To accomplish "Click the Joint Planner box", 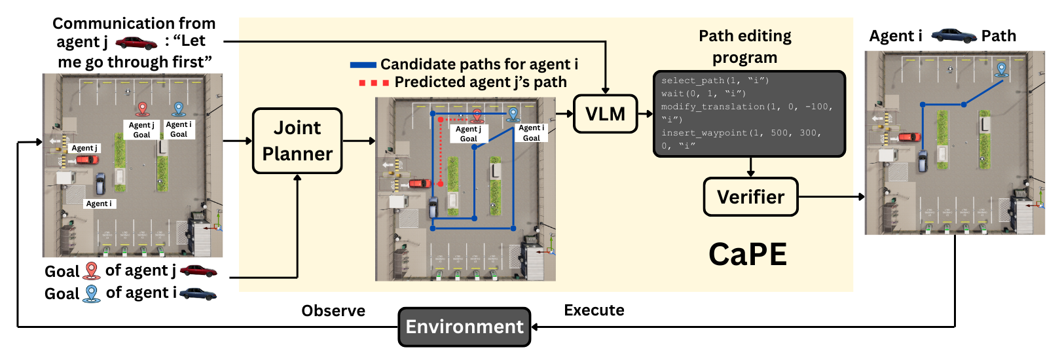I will (297, 141).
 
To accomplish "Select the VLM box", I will (605, 114).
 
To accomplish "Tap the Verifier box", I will (750, 196).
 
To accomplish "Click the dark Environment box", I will (464, 327).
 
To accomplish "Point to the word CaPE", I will (747, 254).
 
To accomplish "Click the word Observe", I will (333, 311).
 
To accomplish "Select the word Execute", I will (594, 310).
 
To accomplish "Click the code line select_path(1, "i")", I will (715, 81).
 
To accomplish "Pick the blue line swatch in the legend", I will (363, 65).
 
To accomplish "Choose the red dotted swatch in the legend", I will (374, 83).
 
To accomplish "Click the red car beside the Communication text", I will (136, 43).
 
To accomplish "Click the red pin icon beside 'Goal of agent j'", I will (92, 270).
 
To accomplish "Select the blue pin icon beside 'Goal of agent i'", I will (92, 293).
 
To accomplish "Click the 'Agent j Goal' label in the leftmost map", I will (141, 130).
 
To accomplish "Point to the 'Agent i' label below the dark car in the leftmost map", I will (99, 204).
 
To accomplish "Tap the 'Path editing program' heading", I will (745, 46).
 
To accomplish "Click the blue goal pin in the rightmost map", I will (1001, 69).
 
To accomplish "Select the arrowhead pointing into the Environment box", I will (534, 327).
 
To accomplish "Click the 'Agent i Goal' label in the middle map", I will (531, 133).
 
